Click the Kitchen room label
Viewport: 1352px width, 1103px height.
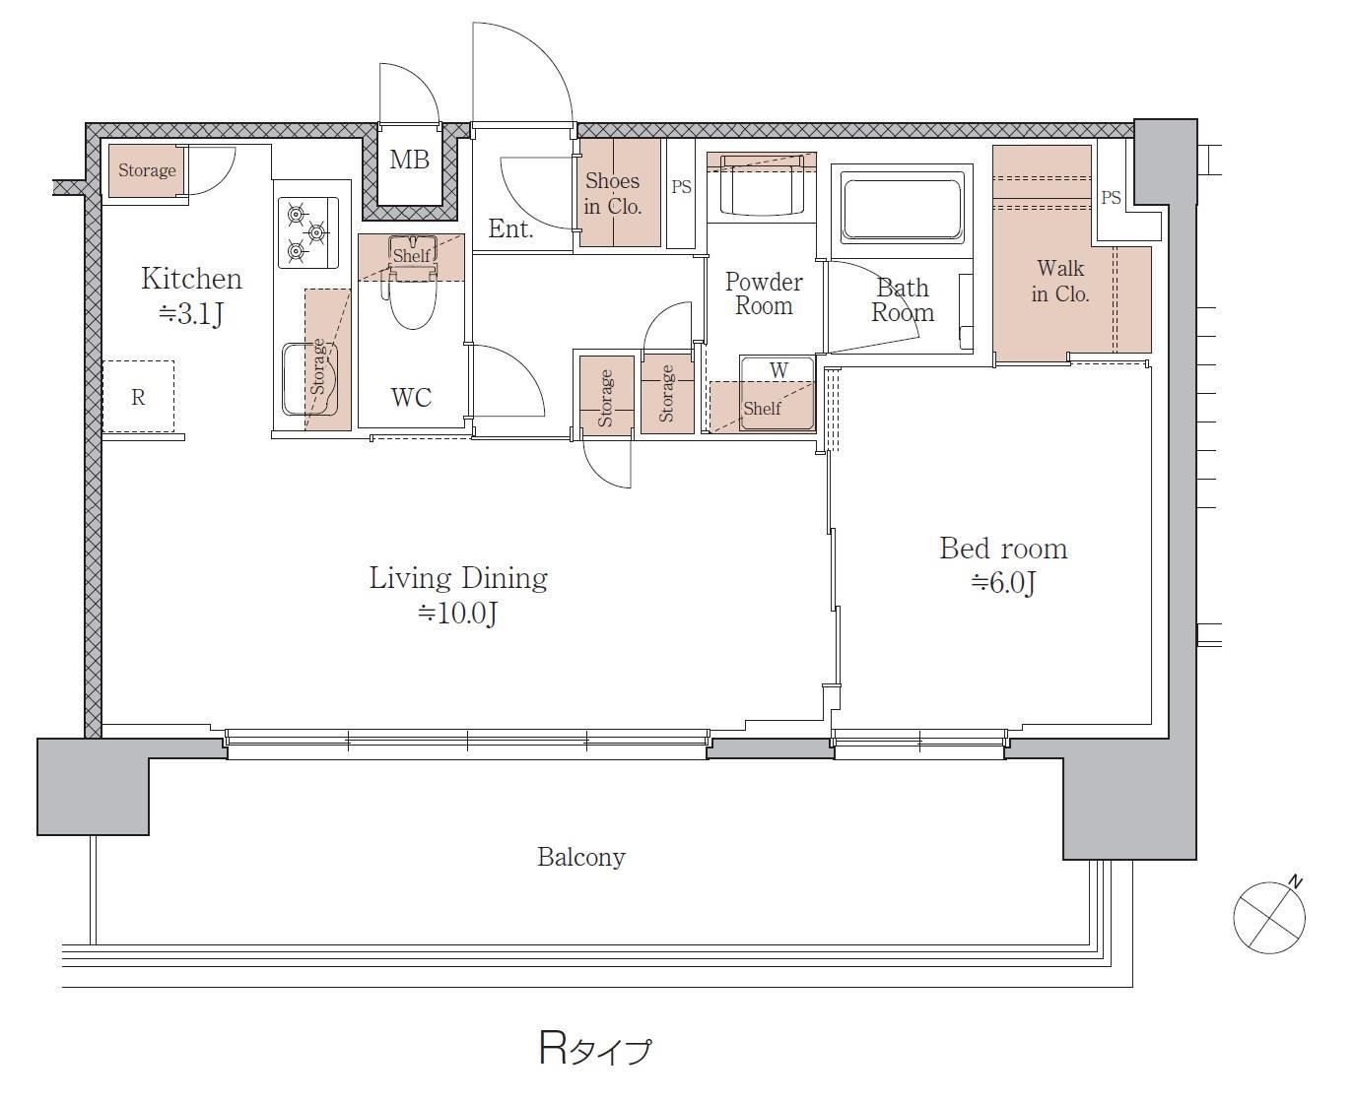(192, 279)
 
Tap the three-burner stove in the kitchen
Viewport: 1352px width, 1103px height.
(308, 232)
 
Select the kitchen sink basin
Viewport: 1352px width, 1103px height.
(309, 379)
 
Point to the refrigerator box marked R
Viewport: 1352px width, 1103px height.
(138, 397)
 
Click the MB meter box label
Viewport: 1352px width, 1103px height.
(409, 160)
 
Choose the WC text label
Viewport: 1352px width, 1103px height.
(411, 398)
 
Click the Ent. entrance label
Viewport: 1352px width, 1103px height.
(510, 228)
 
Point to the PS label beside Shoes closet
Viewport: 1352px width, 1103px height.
(681, 186)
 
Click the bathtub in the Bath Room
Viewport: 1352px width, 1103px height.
(903, 211)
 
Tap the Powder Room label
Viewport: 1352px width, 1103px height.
(764, 294)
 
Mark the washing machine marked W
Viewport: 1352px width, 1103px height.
(777, 393)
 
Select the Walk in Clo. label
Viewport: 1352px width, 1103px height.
(1060, 281)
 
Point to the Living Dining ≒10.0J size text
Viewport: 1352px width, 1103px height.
(457, 613)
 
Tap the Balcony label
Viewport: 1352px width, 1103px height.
(580, 857)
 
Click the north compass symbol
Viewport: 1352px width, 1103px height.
(1269, 916)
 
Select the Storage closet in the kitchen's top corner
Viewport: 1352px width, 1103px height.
(146, 170)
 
